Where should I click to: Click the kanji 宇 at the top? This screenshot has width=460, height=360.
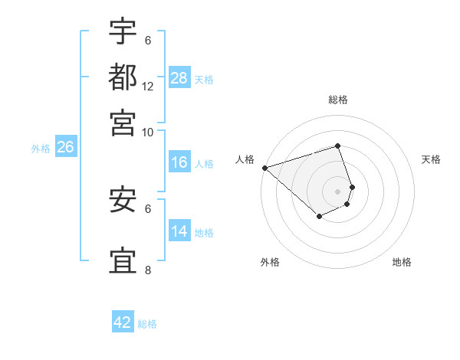[x=123, y=32]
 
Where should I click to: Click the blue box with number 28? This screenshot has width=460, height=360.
[x=179, y=78]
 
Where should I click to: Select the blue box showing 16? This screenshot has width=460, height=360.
[x=179, y=162]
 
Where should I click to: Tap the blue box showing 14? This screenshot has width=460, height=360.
[x=179, y=231]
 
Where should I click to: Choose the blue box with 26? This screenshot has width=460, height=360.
[x=65, y=148]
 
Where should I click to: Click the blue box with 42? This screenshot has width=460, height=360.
[x=123, y=322]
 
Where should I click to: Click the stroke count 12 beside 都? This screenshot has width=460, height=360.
[x=147, y=87]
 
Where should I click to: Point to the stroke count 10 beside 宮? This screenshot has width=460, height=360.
[x=147, y=132]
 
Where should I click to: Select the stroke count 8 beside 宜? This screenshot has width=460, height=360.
[x=147, y=270]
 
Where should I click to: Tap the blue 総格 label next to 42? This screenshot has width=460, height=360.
[x=147, y=324]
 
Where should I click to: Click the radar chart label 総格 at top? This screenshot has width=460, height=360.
[x=337, y=100]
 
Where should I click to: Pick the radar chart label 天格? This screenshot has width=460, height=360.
[x=431, y=159]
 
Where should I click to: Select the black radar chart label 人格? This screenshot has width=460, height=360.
[x=245, y=159]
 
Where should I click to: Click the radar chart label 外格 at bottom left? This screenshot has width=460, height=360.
[x=269, y=263]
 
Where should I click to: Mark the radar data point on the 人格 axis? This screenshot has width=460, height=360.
[x=264, y=168]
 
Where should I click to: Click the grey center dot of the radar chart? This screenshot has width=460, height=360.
[x=337, y=191]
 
